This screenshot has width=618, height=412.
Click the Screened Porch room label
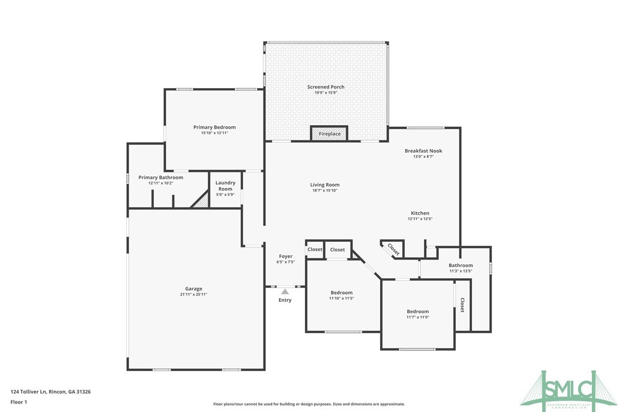326,87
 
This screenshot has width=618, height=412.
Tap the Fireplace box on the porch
329,134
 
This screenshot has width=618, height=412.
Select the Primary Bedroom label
214,127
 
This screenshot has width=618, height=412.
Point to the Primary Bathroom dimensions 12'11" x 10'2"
160,183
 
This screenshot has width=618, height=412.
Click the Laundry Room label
225,186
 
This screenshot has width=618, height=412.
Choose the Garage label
193,289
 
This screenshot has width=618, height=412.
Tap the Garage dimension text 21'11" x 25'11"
193,294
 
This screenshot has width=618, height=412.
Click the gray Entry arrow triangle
285,291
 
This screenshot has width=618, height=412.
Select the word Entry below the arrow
285,300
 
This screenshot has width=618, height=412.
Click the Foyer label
286,256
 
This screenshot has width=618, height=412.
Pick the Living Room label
324,184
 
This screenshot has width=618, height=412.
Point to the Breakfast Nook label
423,151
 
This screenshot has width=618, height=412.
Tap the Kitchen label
420,213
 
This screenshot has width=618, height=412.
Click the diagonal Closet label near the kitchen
393,249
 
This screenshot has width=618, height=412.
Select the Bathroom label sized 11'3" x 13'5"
460,265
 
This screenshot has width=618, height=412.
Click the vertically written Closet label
462,305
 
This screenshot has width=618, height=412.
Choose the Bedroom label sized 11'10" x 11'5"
341,292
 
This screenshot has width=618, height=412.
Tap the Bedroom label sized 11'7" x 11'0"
418,311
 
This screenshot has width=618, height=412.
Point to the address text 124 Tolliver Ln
34,392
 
